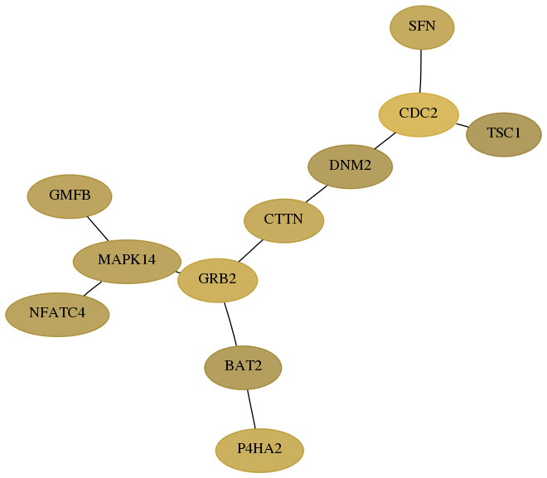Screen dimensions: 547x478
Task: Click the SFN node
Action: point(422,27)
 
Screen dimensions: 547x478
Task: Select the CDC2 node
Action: point(419,114)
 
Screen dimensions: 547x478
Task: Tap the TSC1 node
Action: point(503,134)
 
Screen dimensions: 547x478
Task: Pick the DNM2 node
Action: point(351,167)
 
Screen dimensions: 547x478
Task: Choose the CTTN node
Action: point(283,220)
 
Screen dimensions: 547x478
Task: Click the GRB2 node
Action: point(217,280)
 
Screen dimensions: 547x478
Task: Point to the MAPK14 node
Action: point(127,262)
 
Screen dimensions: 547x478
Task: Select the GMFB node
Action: point(70,196)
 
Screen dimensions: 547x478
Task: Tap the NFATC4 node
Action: point(57,315)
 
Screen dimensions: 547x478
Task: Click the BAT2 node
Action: point(243,368)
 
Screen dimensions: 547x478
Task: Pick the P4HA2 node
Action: point(259,451)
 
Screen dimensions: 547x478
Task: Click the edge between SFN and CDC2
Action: point(421,71)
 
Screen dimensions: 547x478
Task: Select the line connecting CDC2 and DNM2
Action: point(385,141)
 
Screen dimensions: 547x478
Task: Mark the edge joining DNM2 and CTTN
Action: point(317,194)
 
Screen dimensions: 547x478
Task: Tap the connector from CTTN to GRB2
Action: point(251,250)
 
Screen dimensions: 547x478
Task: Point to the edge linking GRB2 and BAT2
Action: point(231,324)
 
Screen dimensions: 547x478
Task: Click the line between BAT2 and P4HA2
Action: point(251,409)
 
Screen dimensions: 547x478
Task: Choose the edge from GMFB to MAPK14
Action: point(98,229)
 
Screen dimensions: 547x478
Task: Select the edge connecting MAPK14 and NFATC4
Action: point(93,288)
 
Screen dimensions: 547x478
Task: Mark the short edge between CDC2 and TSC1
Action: point(462,125)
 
